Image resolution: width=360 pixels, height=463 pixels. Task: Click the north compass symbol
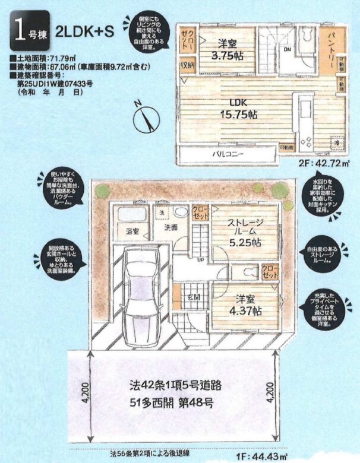pyautogui.click(x=146, y=119)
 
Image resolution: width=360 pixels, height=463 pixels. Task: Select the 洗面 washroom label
pyautogui.click(x=171, y=227)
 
